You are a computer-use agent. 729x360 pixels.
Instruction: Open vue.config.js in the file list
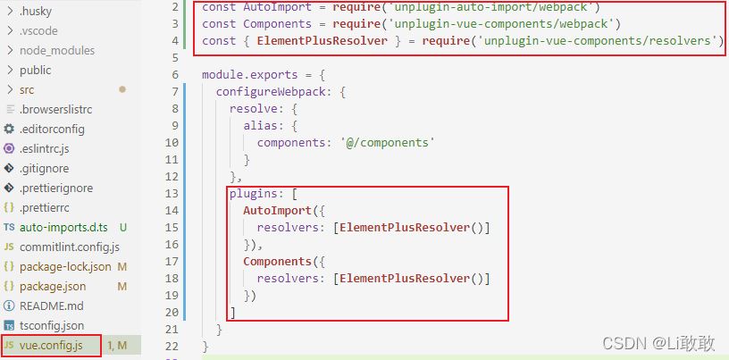click(51, 345)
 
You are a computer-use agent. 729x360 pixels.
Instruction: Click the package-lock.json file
click(65, 266)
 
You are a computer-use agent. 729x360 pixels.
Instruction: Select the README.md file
click(51, 306)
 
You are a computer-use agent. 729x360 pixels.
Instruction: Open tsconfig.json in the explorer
click(51, 325)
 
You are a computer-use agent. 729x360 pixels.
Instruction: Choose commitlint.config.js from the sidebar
click(69, 247)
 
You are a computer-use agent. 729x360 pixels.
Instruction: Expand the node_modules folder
click(56, 50)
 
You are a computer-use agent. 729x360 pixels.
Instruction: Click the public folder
click(35, 70)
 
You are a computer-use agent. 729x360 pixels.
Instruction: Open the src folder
click(27, 89)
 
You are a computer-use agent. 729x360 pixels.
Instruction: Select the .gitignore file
click(44, 168)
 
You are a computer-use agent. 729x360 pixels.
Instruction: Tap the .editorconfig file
click(51, 129)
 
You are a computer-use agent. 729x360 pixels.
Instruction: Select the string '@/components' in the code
click(387, 142)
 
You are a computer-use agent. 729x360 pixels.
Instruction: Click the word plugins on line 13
click(254, 193)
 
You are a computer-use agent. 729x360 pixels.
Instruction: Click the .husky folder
click(35, 11)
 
